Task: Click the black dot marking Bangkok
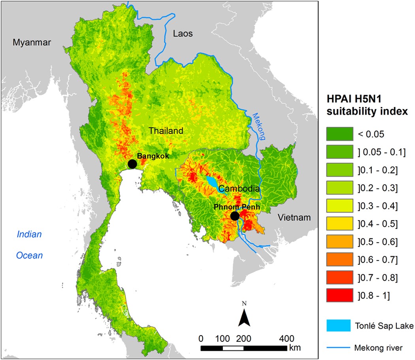[x=132, y=164]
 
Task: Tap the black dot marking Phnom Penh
[x=235, y=216]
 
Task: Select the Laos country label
[x=183, y=34]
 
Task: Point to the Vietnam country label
[x=294, y=217]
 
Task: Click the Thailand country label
[x=166, y=131]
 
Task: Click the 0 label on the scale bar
[x=201, y=339]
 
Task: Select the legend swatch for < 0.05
[x=339, y=134]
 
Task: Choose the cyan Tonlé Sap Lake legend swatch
[x=339, y=326]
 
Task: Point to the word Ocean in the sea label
[x=29, y=256]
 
